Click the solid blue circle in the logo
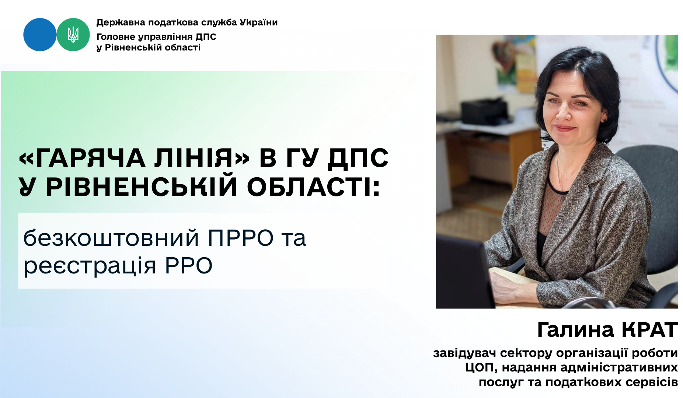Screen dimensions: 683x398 click(x=40, y=35)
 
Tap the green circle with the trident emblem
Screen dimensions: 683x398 click(x=73, y=35)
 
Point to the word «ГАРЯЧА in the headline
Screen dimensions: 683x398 click(x=82, y=158)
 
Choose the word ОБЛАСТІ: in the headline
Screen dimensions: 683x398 click(x=313, y=187)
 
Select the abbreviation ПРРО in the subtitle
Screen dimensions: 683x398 click(x=241, y=238)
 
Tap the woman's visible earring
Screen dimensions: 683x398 click(x=604, y=119)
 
